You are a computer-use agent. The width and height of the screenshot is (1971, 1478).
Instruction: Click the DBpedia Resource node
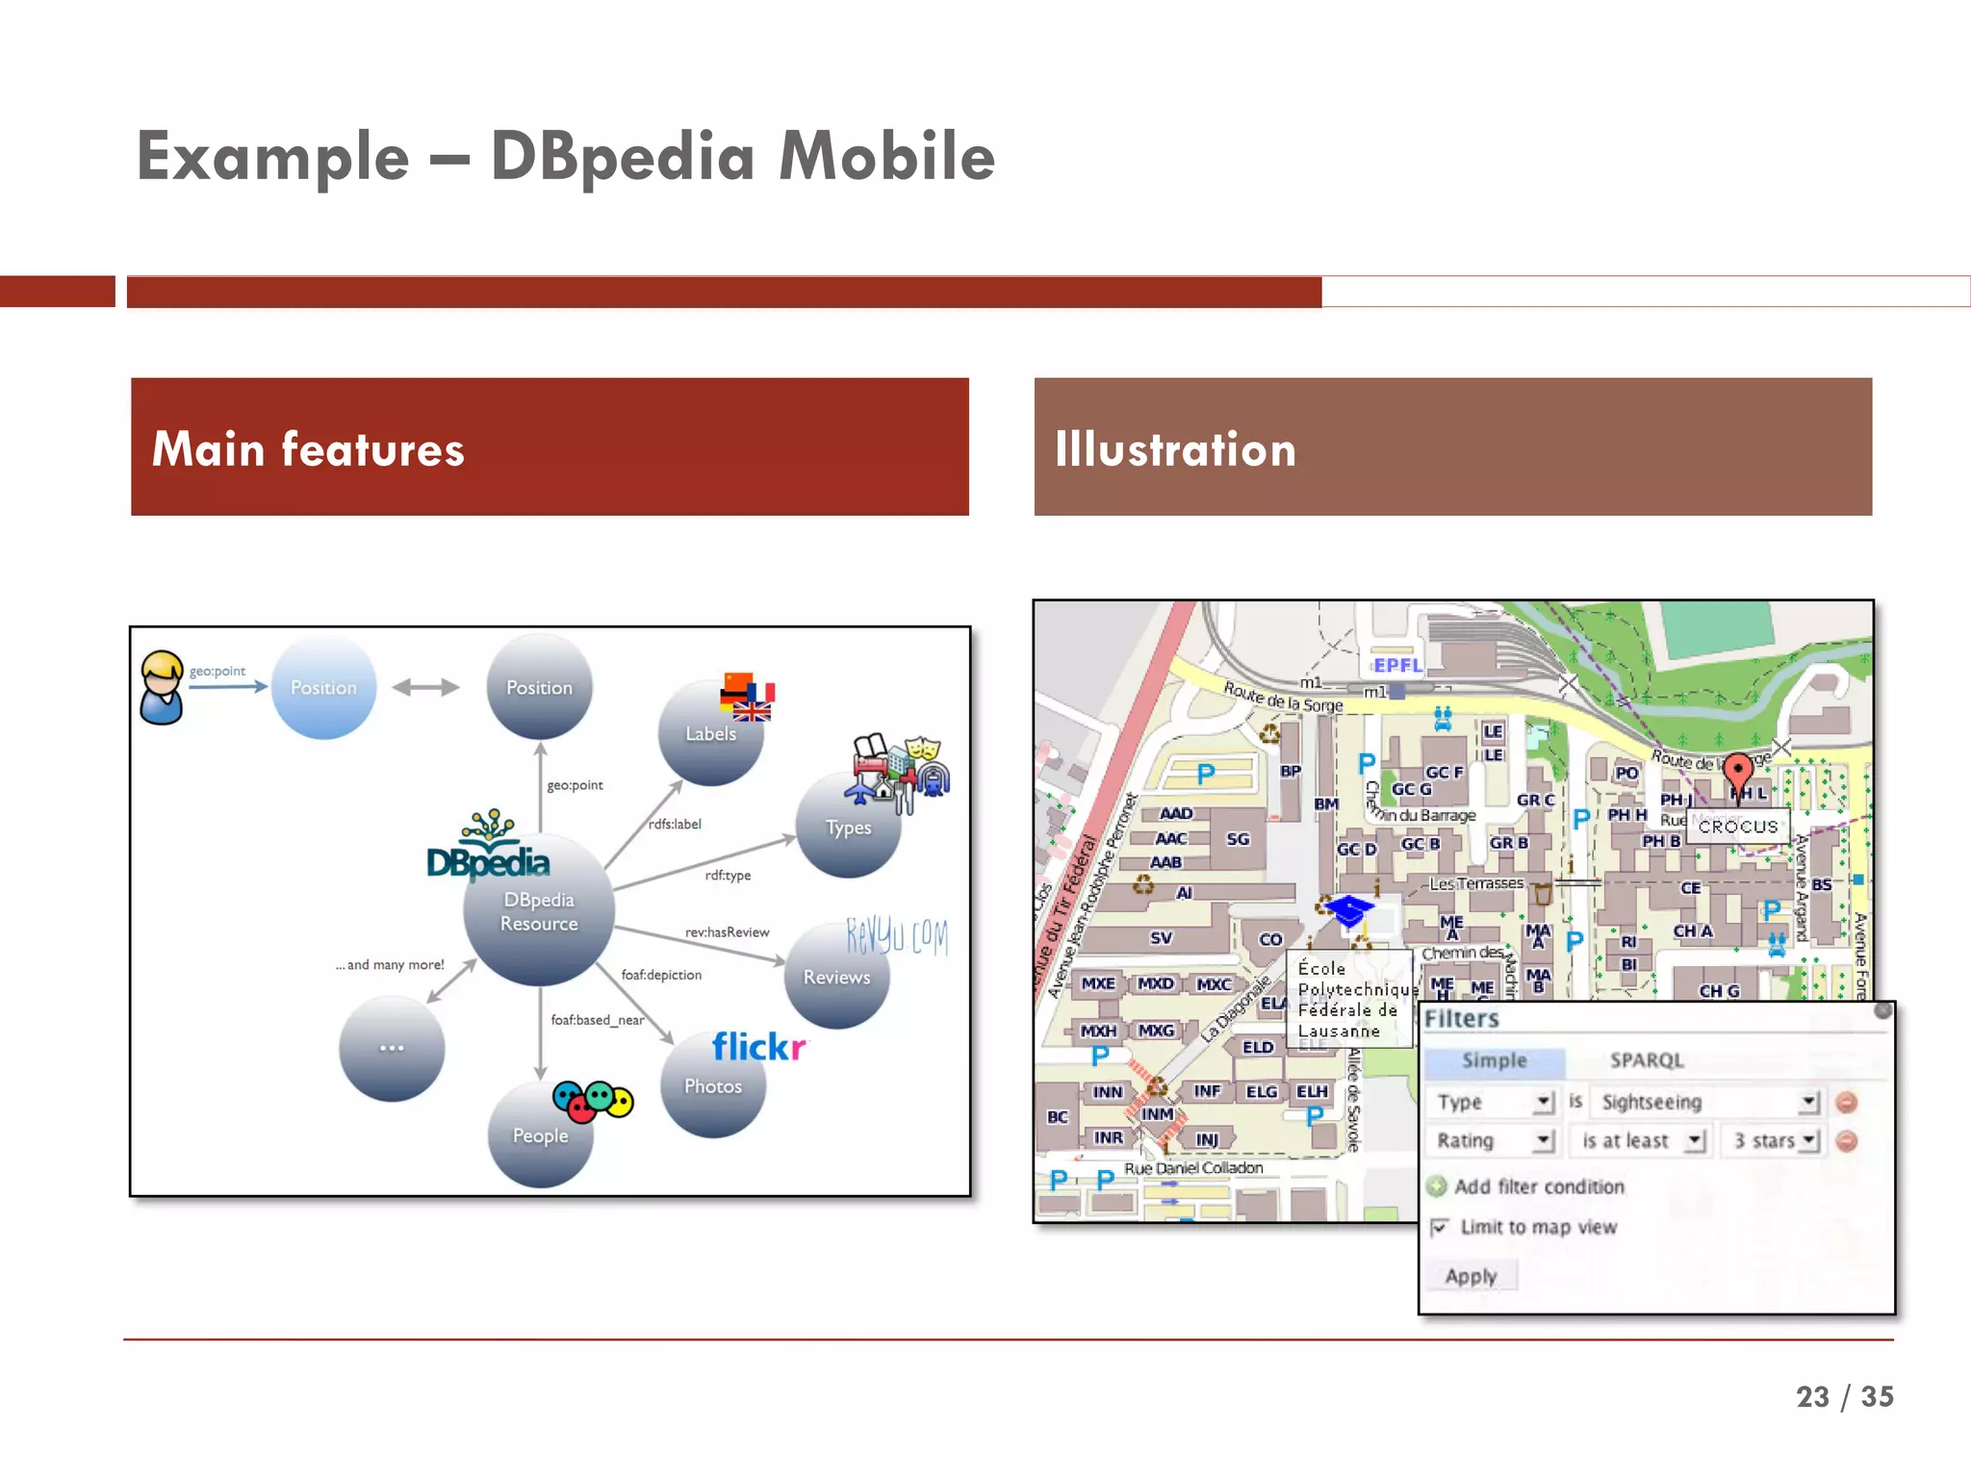point(539,911)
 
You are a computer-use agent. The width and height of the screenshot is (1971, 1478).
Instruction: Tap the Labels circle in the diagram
point(710,734)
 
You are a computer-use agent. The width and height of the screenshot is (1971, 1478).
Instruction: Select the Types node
point(848,828)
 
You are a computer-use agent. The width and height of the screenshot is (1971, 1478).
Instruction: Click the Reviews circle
point(836,977)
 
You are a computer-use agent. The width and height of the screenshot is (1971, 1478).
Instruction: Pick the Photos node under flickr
point(713,1086)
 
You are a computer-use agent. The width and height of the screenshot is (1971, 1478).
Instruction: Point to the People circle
point(540,1135)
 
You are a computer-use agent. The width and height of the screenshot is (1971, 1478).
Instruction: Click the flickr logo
point(758,1047)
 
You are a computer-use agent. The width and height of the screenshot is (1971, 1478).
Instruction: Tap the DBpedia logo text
point(488,862)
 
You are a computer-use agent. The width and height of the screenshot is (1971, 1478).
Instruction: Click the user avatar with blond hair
point(162,686)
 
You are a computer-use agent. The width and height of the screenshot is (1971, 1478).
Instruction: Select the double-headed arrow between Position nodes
point(425,687)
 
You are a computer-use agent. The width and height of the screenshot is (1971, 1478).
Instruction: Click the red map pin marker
point(1737,772)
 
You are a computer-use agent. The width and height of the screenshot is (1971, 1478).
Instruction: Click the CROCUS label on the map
point(1738,827)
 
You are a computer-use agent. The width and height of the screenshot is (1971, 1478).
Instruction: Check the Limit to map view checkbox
point(1440,1227)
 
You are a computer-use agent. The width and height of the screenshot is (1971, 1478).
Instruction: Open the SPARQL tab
point(1647,1060)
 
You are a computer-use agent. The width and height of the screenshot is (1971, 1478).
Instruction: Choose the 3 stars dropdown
point(1774,1141)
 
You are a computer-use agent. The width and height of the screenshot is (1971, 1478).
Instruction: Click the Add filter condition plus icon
point(1437,1186)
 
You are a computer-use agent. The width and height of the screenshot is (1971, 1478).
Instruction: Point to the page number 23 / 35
point(1844,1396)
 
